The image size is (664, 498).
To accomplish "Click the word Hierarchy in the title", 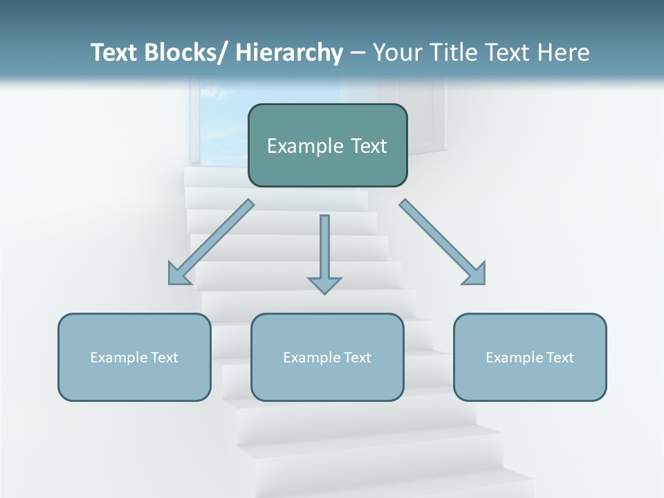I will (289, 53).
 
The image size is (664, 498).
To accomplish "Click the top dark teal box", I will (327, 145).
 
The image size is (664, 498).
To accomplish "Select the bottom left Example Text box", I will (134, 357).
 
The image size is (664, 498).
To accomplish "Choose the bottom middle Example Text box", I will (327, 357).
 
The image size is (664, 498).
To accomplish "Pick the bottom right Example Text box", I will (530, 357).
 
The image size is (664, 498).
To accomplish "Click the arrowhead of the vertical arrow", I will (324, 285).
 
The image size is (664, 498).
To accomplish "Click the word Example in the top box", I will (299, 146).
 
